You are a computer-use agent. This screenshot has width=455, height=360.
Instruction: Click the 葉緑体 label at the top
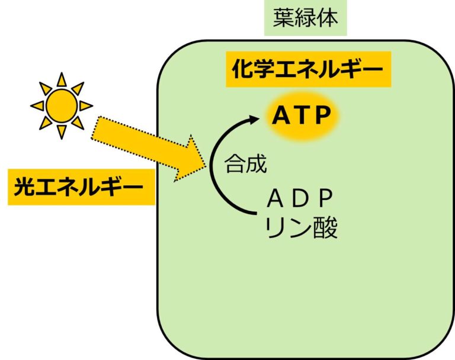point(305,17)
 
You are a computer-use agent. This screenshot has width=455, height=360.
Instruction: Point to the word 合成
point(245,163)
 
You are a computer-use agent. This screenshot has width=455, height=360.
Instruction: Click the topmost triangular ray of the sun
point(62,79)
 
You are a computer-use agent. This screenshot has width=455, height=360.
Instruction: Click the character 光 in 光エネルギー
point(24,188)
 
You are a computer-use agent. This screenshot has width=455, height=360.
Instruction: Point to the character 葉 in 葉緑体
point(283,17)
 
